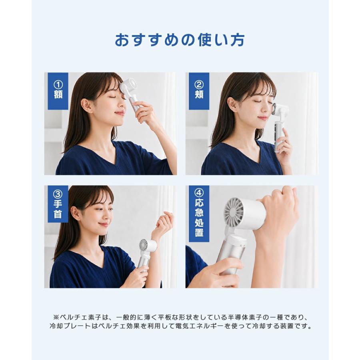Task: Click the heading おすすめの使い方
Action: (180, 40)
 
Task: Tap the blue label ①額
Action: (58, 91)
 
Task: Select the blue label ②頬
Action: (199, 91)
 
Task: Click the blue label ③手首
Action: (58, 204)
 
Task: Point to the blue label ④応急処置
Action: (199, 214)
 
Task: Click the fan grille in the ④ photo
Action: (234, 210)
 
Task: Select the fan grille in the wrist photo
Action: (144, 246)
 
